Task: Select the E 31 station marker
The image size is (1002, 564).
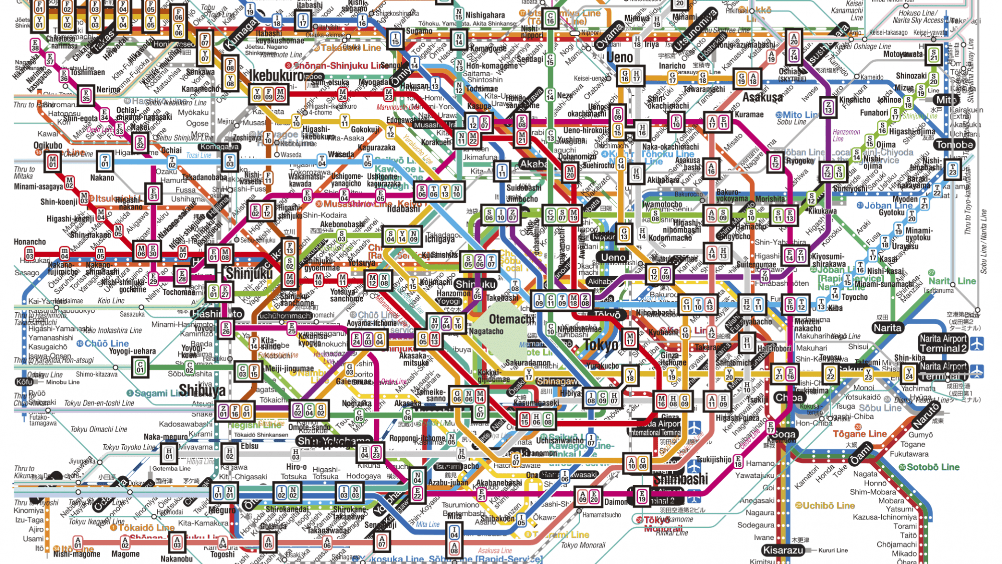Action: click(x=153, y=193)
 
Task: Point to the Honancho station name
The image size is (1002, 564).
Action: click(x=30, y=242)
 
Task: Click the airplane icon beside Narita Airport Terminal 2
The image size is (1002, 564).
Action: click(x=977, y=344)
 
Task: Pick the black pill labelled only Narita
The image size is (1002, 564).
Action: click(x=887, y=328)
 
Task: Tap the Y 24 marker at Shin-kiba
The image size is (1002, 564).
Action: click(x=909, y=373)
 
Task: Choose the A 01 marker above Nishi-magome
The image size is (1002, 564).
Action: click(x=78, y=542)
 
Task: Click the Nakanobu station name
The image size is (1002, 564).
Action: click(x=176, y=558)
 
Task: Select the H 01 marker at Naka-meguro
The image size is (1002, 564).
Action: click(x=169, y=454)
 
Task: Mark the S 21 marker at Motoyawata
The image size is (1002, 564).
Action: click(x=933, y=54)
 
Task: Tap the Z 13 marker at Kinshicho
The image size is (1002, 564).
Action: click(x=829, y=107)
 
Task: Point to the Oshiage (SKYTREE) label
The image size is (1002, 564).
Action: click(x=793, y=75)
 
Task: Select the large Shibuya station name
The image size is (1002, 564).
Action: click(x=202, y=390)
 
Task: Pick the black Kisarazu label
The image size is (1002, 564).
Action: click(x=783, y=550)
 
